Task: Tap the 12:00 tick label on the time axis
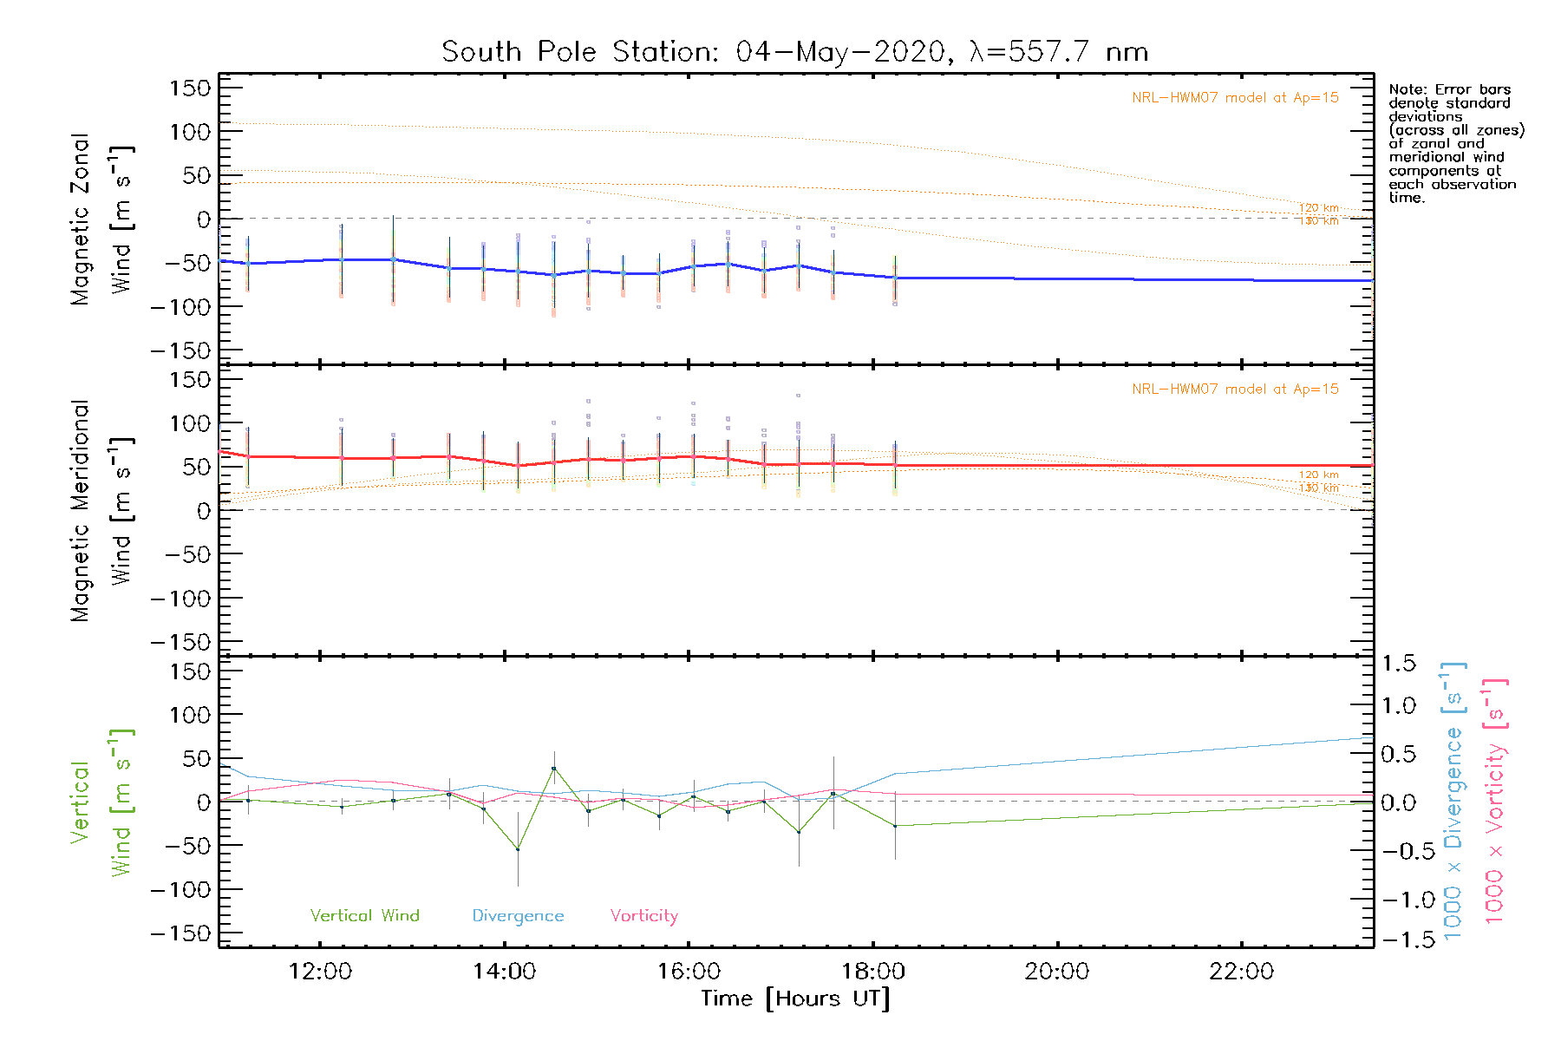320,972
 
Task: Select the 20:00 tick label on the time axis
1056,972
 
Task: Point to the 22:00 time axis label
1241,972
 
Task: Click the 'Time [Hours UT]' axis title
795,999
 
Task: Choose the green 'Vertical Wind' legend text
364,916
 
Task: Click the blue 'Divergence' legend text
518,916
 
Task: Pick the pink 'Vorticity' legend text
643,916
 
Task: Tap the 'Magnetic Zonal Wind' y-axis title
101,219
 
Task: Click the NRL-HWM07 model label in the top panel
1235,98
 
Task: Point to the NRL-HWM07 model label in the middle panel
1235,390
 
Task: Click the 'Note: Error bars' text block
1455,143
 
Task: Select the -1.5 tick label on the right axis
1398,940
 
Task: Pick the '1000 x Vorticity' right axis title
1494,802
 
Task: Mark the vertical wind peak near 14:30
553,769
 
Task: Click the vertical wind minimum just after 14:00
518,849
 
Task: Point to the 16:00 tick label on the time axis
689,972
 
